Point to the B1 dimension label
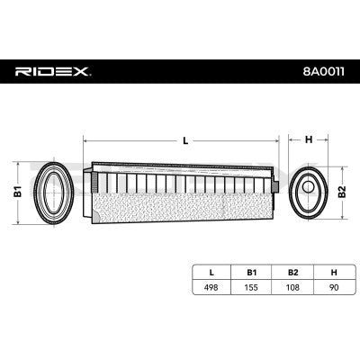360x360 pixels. [15, 190]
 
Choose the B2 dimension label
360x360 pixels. [343, 190]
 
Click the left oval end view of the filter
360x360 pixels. [52, 190]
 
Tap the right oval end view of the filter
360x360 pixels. [309, 190]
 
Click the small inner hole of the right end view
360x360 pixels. [309, 190]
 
